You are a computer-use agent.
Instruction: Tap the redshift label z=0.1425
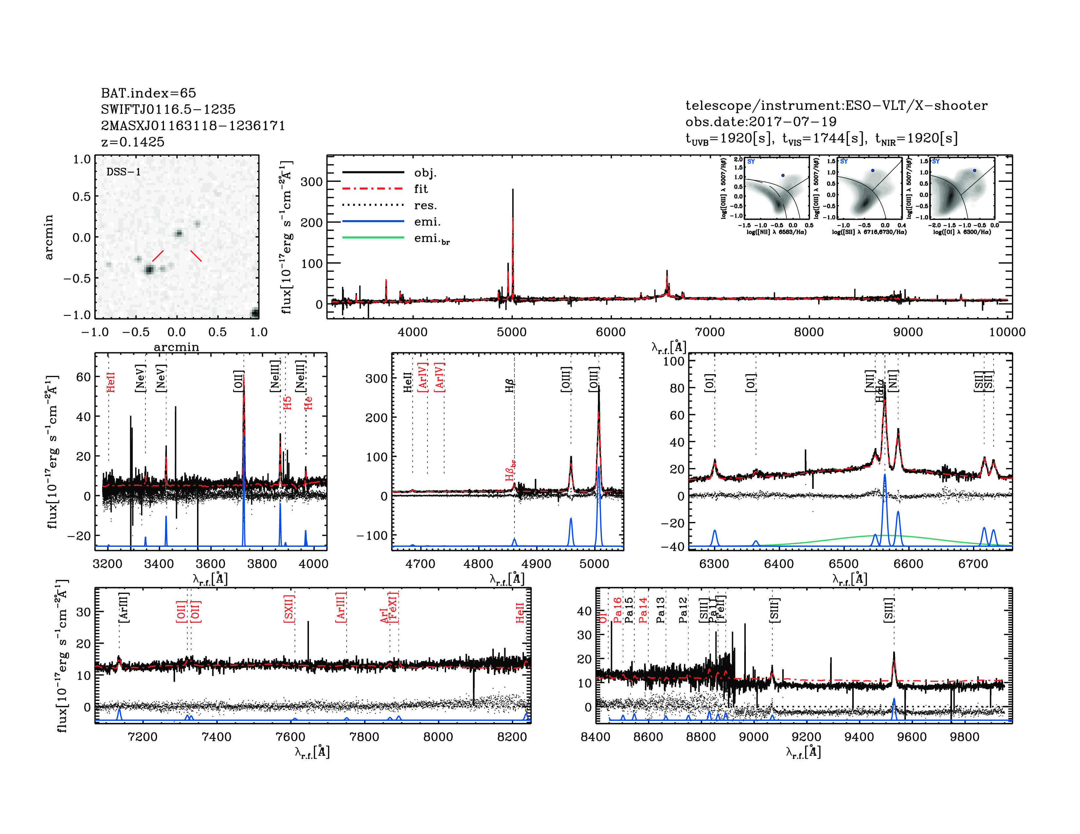pyautogui.click(x=133, y=142)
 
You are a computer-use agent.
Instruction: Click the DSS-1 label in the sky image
pyautogui.click(x=124, y=172)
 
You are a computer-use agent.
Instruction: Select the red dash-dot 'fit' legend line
pyautogui.click(x=373, y=189)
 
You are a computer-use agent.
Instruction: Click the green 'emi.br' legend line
pyautogui.click(x=373, y=238)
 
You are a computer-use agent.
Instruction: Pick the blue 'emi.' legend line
pyautogui.click(x=373, y=221)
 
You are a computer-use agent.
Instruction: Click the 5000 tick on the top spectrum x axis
pyautogui.click(x=512, y=332)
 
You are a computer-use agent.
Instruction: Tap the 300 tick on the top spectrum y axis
pyautogui.click(x=312, y=182)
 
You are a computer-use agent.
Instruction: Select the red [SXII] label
pyautogui.click(x=289, y=609)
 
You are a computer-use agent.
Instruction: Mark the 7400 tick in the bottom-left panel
pyautogui.click(x=217, y=737)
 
